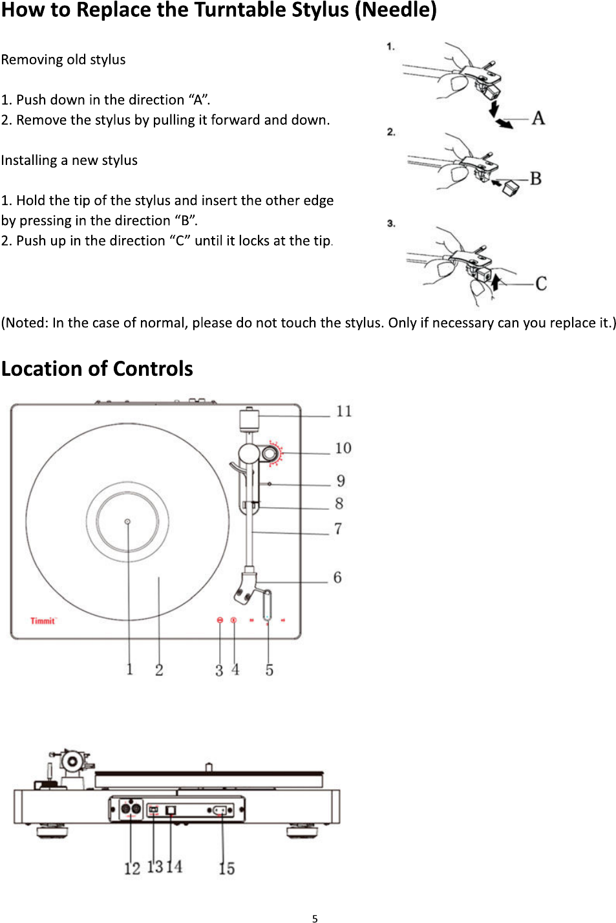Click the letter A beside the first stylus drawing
pyautogui.click(x=538, y=118)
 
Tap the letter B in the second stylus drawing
pyautogui.click(x=535, y=179)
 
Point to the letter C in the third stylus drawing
pyautogui.click(x=540, y=283)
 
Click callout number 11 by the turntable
pyautogui.click(x=344, y=411)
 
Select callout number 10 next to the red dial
pyautogui.click(x=343, y=448)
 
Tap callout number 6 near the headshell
pyautogui.click(x=337, y=578)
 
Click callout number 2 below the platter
pyautogui.click(x=159, y=670)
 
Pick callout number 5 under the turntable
pyautogui.click(x=269, y=670)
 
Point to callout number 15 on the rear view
pyautogui.click(x=226, y=868)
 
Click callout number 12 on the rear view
pyautogui.click(x=132, y=868)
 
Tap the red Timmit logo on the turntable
pyautogui.click(x=43, y=621)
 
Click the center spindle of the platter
pyautogui.click(x=127, y=521)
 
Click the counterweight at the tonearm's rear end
pyautogui.click(x=250, y=419)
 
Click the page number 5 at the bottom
pyautogui.click(x=315, y=918)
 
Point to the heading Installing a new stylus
pyautogui.click(x=69, y=160)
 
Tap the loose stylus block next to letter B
pyautogui.click(x=511, y=187)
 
